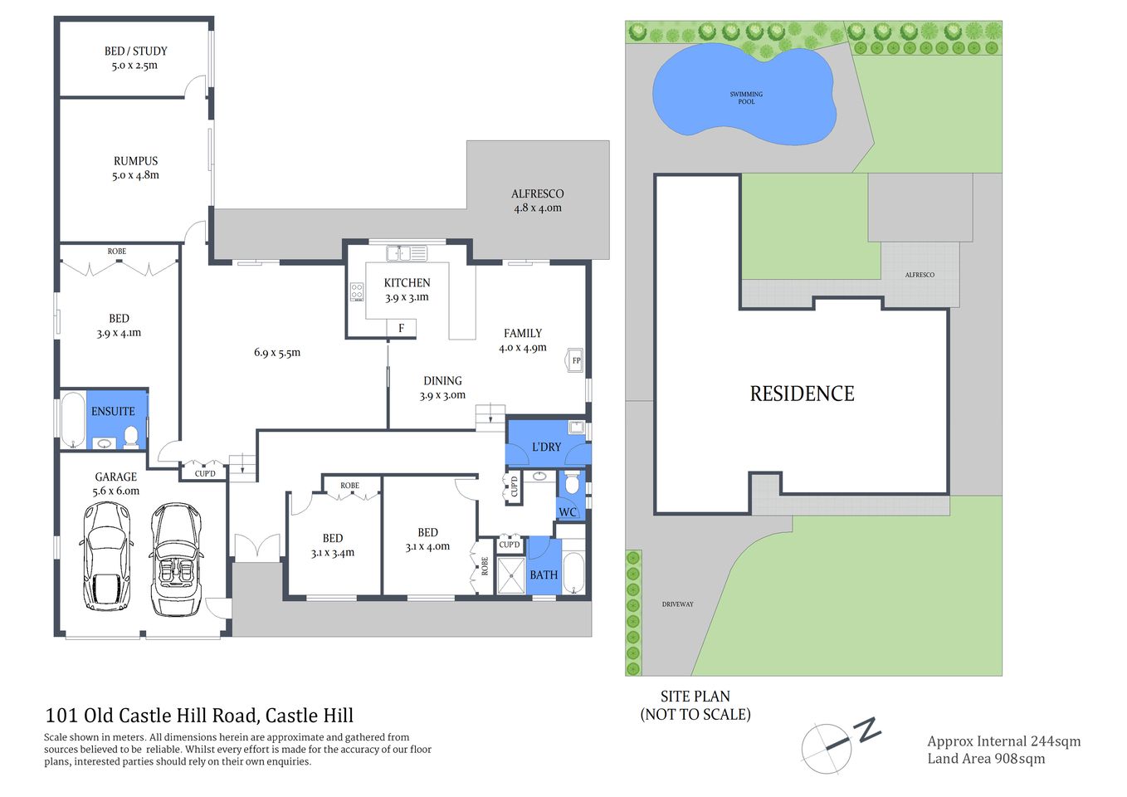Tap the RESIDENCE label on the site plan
tap(802, 394)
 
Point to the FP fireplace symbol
tap(575, 360)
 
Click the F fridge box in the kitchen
tap(401, 329)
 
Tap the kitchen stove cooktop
tap(357, 291)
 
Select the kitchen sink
tap(407, 252)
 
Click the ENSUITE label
tap(113, 411)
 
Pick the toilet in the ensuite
tap(130, 436)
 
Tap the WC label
tap(568, 511)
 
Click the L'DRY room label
tap(546, 447)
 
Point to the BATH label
tap(544, 575)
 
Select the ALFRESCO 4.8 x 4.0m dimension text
tap(537, 208)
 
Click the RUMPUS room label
tap(135, 161)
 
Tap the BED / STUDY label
tap(135, 51)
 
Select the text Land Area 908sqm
tap(986, 758)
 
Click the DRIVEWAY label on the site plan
tap(677, 604)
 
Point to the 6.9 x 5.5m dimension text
tap(277, 353)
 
